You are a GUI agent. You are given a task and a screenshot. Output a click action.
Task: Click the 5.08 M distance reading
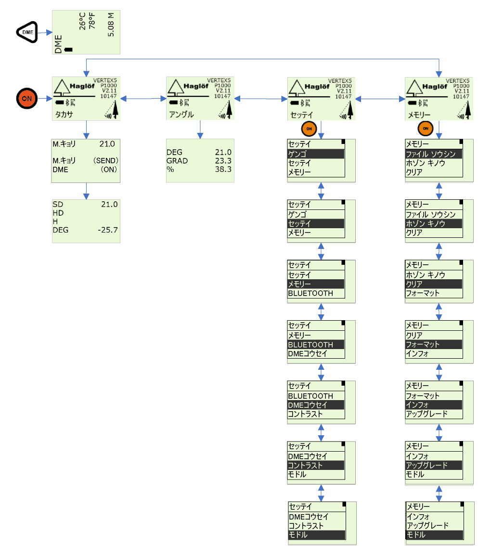111,27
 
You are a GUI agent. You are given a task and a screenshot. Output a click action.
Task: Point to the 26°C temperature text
82,21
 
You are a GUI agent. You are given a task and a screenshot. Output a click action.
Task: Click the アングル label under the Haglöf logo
181,115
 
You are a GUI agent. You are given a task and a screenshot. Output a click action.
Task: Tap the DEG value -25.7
107,230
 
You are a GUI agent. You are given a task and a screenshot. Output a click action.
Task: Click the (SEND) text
105,160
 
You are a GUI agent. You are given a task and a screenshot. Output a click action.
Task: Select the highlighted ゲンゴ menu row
316,154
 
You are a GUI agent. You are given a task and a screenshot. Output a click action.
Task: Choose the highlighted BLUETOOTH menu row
316,345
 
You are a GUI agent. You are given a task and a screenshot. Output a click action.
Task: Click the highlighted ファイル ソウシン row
434,154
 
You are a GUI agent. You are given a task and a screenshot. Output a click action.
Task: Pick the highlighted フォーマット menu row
434,345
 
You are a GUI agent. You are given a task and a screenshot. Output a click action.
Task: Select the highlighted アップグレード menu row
434,466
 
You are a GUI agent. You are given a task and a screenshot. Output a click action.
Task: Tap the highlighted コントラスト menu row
316,466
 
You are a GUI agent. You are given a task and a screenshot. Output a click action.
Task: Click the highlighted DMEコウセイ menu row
316,405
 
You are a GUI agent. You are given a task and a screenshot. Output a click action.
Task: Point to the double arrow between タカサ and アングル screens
142,98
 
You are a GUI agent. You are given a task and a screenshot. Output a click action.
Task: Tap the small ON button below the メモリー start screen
425,128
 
